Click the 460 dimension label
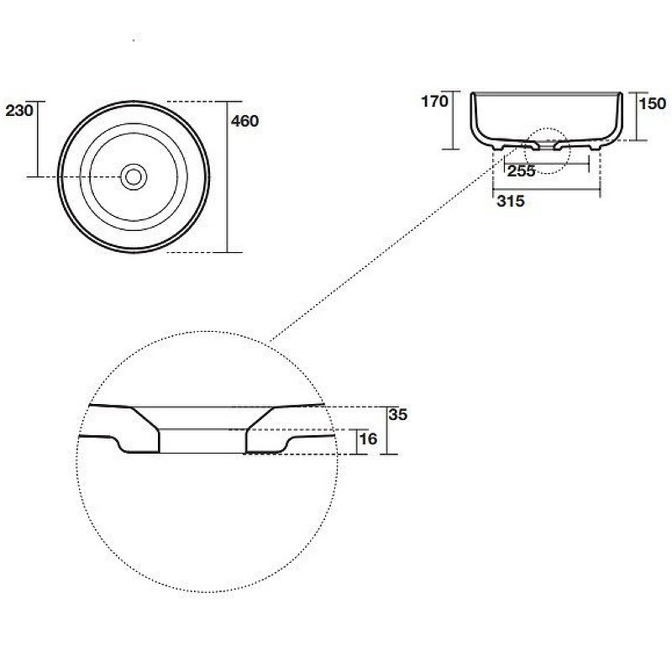click(x=244, y=121)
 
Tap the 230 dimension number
click(x=18, y=111)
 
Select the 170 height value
click(x=434, y=102)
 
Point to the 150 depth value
click(x=653, y=103)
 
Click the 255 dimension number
click(x=521, y=171)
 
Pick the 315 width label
click(x=511, y=201)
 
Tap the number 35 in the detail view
click(x=397, y=415)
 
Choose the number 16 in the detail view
click(x=368, y=438)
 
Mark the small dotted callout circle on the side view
click(x=549, y=129)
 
